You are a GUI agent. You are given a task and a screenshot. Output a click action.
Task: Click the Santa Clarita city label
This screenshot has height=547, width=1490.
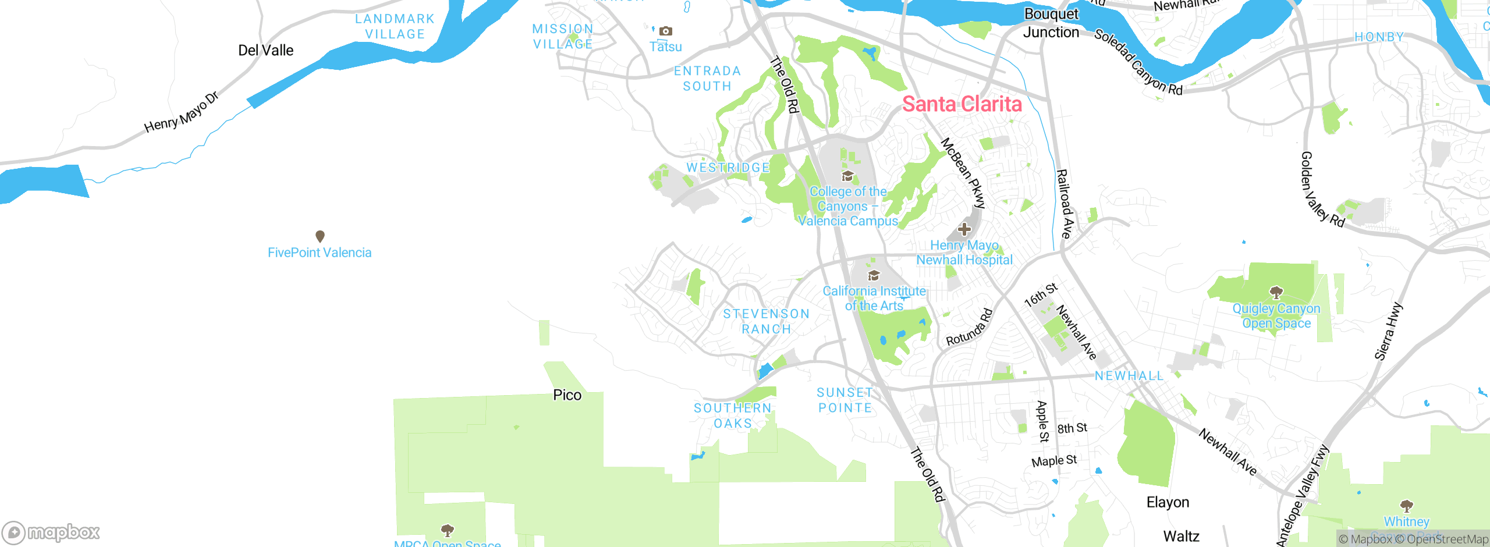962,104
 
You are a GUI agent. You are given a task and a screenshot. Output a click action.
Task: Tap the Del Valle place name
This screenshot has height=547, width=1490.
265,51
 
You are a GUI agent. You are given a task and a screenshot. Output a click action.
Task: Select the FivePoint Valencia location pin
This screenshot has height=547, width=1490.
320,236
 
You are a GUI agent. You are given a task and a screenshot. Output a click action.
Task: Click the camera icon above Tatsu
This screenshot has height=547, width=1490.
666,31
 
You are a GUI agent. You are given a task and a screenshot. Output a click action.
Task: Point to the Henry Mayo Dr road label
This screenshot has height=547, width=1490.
181,112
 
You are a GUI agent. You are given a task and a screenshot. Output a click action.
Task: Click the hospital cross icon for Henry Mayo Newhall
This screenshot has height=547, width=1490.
964,229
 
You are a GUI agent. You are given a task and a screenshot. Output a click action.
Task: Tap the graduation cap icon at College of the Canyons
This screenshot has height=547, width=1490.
847,176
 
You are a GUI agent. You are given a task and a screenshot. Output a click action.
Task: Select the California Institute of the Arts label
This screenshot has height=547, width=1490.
874,298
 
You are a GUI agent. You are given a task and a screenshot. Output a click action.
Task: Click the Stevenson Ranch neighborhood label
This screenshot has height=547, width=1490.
766,321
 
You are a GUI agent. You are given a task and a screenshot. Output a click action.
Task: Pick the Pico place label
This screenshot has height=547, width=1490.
567,395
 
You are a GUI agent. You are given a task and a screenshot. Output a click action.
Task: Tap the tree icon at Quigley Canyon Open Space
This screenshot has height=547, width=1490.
1276,292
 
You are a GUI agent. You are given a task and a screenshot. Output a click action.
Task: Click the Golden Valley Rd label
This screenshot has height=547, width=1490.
1322,189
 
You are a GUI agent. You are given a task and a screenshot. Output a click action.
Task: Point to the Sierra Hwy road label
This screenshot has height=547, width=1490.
1388,331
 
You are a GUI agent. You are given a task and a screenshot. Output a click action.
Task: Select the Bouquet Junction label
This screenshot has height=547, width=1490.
1051,23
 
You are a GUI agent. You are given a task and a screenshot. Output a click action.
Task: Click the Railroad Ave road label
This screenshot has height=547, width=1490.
1064,204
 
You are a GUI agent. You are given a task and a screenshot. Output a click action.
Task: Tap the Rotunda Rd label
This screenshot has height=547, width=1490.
968,328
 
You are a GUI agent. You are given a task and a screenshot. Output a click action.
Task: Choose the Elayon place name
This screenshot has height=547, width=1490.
1168,502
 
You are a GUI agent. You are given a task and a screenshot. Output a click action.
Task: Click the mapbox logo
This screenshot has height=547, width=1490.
51,532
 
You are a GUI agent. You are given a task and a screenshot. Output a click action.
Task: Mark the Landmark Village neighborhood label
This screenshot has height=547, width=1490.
395,27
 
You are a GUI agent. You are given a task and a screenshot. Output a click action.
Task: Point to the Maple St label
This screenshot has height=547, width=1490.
1054,461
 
